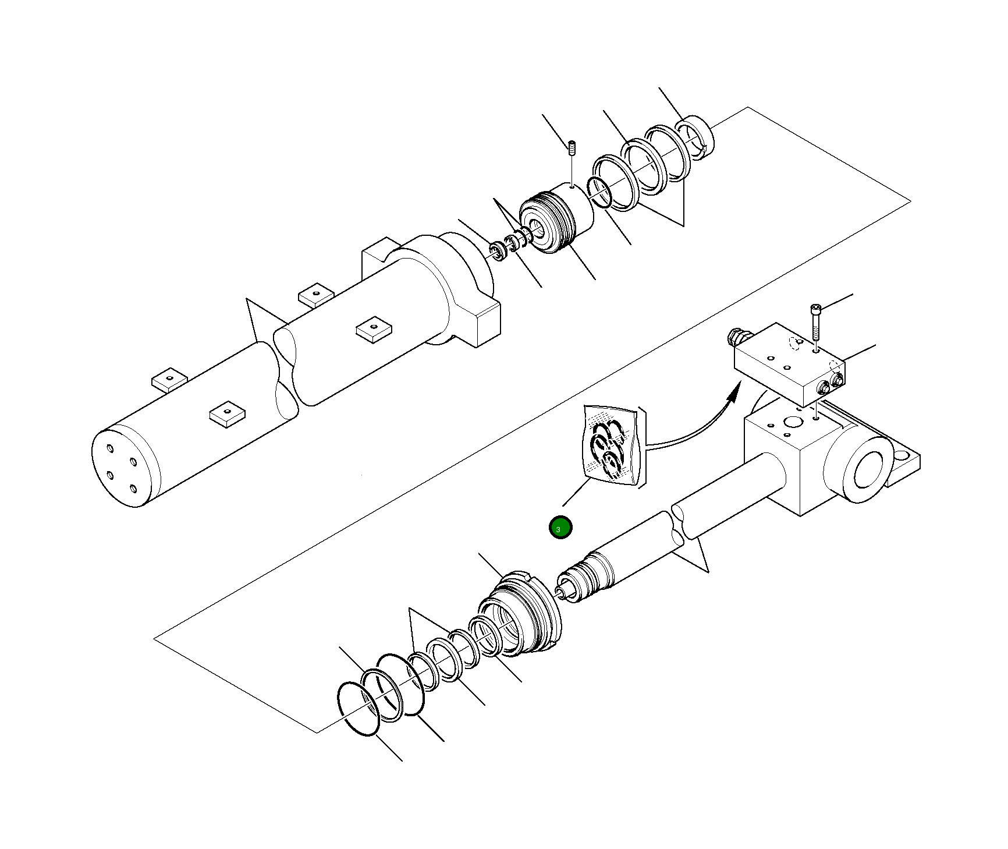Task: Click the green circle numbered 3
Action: [x=560, y=528]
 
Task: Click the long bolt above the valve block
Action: [x=815, y=323]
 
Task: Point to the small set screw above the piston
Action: [x=572, y=148]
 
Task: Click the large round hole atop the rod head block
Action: [x=792, y=422]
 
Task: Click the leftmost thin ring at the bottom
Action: [x=359, y=708]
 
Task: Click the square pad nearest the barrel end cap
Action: [x=227, y=413]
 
